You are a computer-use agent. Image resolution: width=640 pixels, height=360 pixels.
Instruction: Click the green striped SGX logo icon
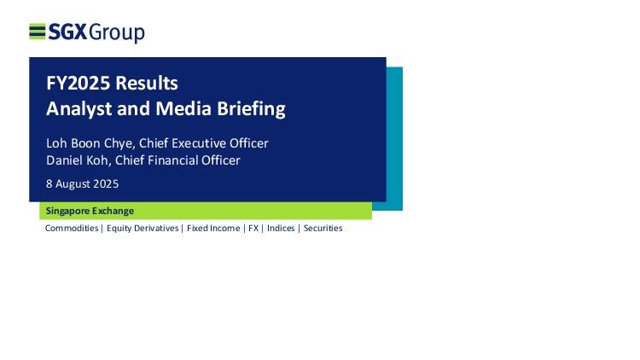pos(38,32)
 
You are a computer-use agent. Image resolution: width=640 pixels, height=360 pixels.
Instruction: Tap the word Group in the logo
pos(117,32)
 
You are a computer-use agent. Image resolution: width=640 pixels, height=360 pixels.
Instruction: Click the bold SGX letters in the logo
pos(67,32)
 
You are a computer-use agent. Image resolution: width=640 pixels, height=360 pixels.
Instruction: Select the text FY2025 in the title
pos(78,83)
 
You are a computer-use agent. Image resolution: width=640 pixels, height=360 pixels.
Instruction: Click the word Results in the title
pos(147,83)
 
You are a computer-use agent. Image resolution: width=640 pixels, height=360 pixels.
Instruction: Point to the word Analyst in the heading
pos(79,109)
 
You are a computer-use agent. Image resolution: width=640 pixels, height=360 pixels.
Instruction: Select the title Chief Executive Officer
pos(204,143)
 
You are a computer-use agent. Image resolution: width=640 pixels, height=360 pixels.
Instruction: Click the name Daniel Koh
pos(77,160)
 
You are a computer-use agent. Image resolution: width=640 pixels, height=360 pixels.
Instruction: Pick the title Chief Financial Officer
pos(177,160)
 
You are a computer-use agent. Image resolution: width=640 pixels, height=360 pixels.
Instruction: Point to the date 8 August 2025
pos(83,183)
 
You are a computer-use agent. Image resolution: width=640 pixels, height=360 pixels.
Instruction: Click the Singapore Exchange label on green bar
pos(90,211)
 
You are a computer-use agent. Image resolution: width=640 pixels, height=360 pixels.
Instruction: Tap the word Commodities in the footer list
pos(72,228)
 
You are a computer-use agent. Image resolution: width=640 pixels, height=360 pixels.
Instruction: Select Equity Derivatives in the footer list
pos(143,228)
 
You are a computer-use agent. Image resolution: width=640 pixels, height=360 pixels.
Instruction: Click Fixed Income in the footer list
pos(213,228)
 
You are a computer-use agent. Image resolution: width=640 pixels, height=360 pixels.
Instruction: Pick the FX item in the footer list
pos(253,228)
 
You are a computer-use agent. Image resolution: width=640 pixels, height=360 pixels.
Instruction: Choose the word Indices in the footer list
pos(281,228)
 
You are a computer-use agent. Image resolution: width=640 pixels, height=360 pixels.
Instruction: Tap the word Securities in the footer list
pos(323,228)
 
